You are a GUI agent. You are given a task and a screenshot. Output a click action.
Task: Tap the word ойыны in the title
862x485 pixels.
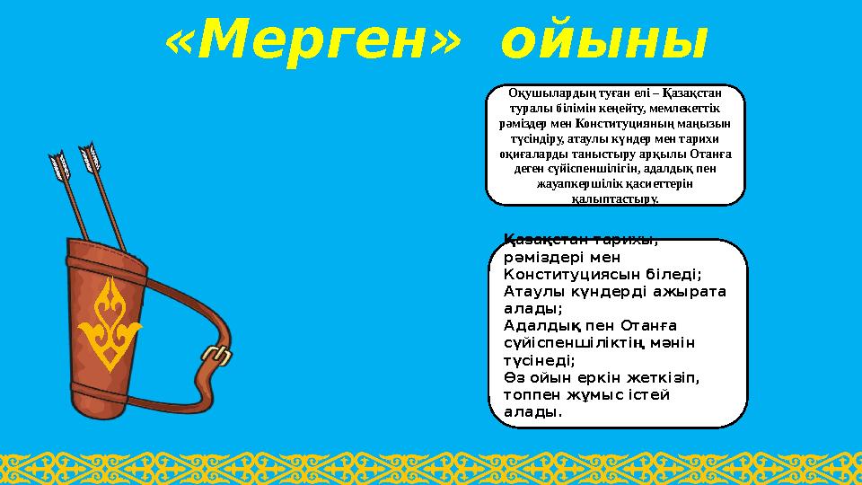pos(604,40)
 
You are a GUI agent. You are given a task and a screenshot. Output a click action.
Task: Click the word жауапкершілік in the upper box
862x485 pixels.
pos(576,183)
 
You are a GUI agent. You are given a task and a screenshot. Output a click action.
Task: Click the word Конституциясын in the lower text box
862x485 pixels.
pos(567,273)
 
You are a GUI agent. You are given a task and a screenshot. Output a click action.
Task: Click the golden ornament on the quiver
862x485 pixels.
pos(110,322)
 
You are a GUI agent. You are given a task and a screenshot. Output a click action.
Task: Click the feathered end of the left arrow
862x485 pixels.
pos(59,165)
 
